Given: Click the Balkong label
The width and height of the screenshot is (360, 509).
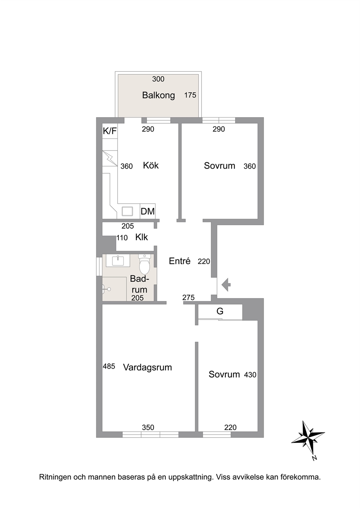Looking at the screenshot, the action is [x=159, y=95].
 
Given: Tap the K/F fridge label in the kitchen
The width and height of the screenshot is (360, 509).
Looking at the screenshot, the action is [x=110, y=131].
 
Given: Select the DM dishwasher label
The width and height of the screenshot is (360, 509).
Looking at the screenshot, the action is [x=148, y=211].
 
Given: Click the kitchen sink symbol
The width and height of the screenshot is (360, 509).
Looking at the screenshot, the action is [x=127, y=211].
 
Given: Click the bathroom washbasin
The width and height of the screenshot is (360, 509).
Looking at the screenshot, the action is [x=118, y=260].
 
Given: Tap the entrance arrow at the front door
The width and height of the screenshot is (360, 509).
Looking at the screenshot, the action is [x=226, y=284].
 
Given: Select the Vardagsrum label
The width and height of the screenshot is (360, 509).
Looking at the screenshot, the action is [x=147, y=368].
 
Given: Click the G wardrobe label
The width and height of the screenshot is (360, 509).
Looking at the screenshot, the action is [x=220, y=311].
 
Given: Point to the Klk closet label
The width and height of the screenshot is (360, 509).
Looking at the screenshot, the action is [x=142, y=237].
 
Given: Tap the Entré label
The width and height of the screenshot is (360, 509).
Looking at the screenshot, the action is [x=180, y=261].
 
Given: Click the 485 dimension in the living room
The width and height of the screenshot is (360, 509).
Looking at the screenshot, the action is [x=109, y=366].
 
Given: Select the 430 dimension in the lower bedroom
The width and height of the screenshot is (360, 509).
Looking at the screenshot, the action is [x=250, y=375].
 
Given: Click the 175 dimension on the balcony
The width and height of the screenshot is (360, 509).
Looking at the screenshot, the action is [x=190, y=95].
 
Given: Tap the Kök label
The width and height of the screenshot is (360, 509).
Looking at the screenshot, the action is [x=151, y=165].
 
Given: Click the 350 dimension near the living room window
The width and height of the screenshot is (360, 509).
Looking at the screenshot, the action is [x=148, y=427].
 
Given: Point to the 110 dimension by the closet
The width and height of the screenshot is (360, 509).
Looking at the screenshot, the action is [x=122, y=238].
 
